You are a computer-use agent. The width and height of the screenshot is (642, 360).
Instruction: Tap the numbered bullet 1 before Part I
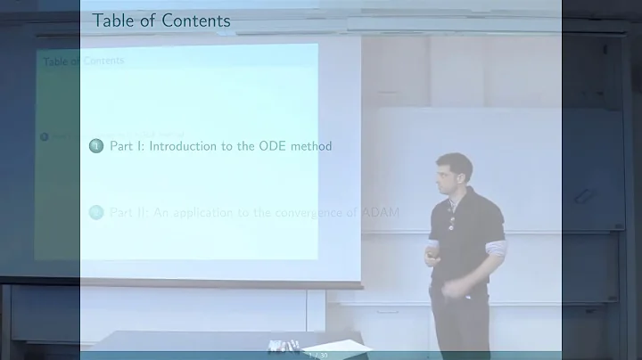click(x=96, y=145)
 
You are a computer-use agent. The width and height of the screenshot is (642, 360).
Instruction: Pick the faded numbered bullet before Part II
click(x=96, y=213)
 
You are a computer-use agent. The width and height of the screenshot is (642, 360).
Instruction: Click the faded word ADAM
click(x=378, y=213)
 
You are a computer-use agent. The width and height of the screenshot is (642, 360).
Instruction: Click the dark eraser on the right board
click(x=585, y=195)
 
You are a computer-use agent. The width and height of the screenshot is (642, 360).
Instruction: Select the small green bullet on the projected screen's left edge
click(x=44, y=136)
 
